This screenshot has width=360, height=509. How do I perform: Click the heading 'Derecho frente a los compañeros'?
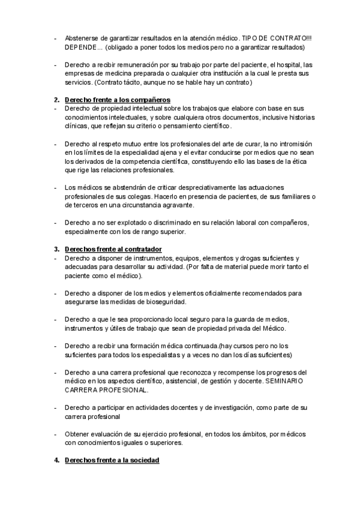pyautogui.click(x=117, y=99)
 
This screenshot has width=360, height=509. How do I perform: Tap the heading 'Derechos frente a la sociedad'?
pyautogui.click(x=112, y=460)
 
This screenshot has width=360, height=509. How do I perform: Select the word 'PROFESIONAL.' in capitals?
pyautogui.click(x=119, y=390)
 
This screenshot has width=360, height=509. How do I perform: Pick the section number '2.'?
pyautogui.click(x=56, y=99)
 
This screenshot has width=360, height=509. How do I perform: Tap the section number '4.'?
pyautogui.click(x=56, y=460)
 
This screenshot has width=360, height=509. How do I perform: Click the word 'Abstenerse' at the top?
pyautogui.click(x=83, y=38)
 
